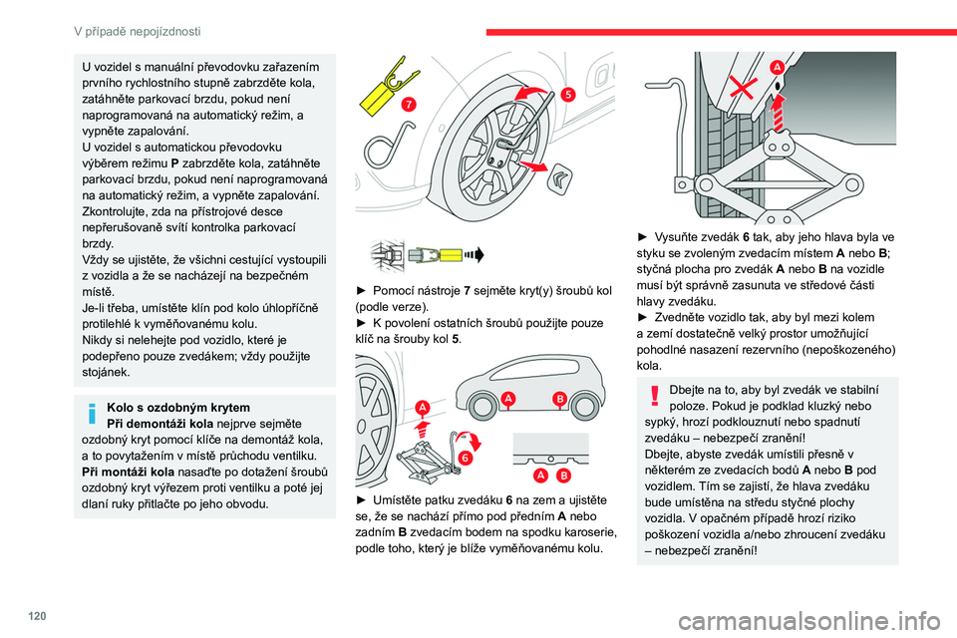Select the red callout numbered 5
tap(566, 94)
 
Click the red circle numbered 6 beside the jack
tap(466, 457)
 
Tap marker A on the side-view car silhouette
tap(508, 399)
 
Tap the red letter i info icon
tap(91, 412)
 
